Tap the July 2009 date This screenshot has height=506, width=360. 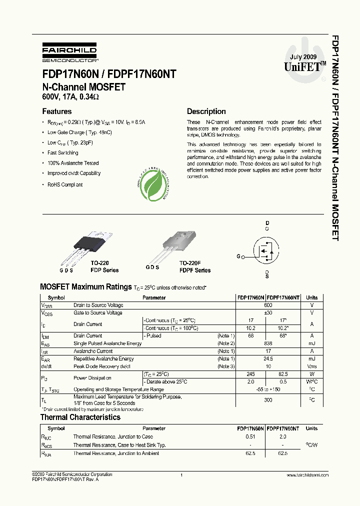click(303, 56)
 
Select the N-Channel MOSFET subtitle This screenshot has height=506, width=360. click(83, 87)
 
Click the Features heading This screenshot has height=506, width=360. click(56, 111)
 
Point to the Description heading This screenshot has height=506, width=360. click(206, 111)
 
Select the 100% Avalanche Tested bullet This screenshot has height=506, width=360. click(73, 163)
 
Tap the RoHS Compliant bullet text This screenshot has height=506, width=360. click(65, 184)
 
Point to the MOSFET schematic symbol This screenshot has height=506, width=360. click(265, 250)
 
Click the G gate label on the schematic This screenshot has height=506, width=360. click(238, 256)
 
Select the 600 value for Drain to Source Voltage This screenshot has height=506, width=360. click(268, 305)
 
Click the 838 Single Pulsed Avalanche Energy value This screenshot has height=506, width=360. click(268, 343)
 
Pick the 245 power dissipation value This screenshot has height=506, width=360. click(250, 374)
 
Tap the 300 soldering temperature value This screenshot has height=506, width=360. click(268, 399)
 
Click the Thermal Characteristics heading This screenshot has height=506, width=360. click(80, 417)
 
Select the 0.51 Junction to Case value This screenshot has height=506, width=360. click(250, 436)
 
